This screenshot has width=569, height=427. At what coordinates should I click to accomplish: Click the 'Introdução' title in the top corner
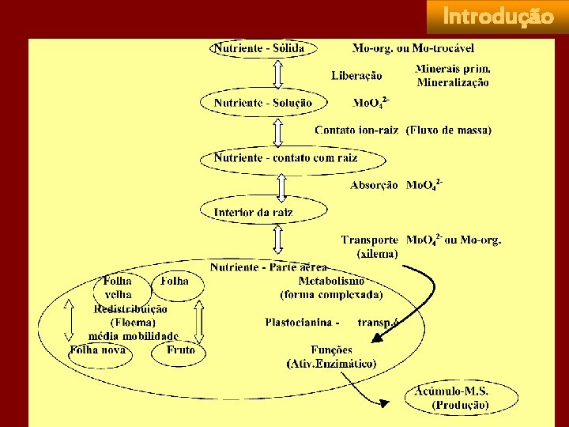498,17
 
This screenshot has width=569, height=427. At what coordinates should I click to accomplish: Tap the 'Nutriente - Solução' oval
262,103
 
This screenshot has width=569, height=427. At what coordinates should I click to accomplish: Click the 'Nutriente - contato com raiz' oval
285,158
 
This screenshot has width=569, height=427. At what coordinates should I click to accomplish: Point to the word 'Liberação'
356,76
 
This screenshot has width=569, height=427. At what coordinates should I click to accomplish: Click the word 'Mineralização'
453,82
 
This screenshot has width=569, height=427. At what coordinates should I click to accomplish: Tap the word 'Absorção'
374,185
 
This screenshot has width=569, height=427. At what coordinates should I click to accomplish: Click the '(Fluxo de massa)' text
449,130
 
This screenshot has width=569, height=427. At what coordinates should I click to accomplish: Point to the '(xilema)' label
378,254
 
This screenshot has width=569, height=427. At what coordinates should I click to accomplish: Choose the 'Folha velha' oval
118,287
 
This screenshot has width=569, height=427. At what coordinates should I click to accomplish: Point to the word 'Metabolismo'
331,281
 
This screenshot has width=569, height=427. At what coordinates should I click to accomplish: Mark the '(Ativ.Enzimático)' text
331,364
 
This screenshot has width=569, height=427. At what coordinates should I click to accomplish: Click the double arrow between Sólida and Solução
277,75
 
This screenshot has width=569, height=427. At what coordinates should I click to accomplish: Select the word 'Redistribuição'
130,309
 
